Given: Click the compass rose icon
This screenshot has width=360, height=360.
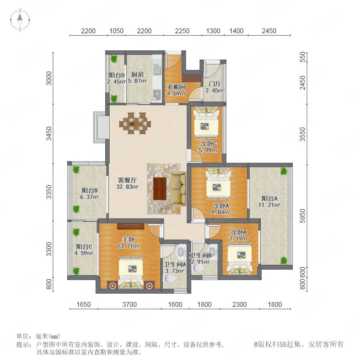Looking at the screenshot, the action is pyautogui.click(x=20, y=20).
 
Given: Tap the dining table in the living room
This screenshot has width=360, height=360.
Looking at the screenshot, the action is pyautogui.click(x=135, y=123).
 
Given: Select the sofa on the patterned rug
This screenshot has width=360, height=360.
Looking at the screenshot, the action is pyautogui.click(x=179, y=189).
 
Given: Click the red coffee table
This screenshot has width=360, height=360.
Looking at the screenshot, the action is pyautogui.click(x=160, y=189).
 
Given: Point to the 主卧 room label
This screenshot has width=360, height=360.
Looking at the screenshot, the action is pyautogui.click(x=128, y=240).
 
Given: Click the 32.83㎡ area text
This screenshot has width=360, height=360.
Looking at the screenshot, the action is pyautogui.click(x=128, y=187).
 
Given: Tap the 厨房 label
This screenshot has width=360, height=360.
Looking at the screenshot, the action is pyautogui.click(x=138, y=74).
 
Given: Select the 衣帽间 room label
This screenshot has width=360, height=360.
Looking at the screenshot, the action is pyautogui.click(x=176, y=87).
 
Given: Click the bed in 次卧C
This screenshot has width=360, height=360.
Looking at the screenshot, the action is pyautogui.click(x=206, y=123).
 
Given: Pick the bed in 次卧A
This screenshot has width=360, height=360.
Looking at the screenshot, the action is pyautogui.click(x=218, y=184).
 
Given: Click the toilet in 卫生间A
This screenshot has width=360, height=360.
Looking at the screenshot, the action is pyautogui.click(x=169, y=279).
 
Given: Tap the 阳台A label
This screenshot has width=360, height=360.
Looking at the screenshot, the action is pyautogui.click(x=270, y=198).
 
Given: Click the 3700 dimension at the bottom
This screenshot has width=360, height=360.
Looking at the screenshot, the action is pyautogui.click(x=130, y=304).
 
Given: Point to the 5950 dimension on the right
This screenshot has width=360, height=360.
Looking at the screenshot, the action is pyautogui.click(x=303, y=216).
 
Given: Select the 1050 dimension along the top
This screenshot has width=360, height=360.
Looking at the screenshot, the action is pyautogui.click(x=116, y=31).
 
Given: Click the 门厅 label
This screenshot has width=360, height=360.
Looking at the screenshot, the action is pyautogui.click(x=215, y=84).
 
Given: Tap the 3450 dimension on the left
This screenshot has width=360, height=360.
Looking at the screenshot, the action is pyautogui.click(x=49, y=133).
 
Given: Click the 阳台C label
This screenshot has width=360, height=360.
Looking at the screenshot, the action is pyautogui.click(x=84, y=247).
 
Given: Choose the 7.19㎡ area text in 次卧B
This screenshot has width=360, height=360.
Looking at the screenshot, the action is pyautogui.click(x=238, y=239).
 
